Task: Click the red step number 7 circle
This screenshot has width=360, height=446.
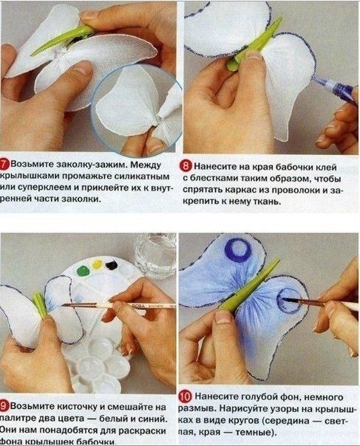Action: click(7, 161)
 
